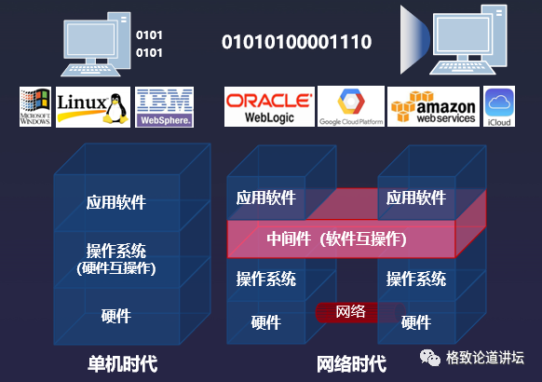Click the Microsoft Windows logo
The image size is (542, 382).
click(34, 107)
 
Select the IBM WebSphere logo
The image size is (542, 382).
click(165, 107)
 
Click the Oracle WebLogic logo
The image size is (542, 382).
click(268, 107)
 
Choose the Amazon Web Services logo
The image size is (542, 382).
click(433, 107)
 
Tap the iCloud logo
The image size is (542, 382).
click(498, 107)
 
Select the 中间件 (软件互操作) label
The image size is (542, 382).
click(336, 239)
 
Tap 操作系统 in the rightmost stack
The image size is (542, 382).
click(416, 279)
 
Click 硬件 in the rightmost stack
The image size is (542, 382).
click(416, 322)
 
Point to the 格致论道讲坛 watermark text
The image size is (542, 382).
click(485, 357)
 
